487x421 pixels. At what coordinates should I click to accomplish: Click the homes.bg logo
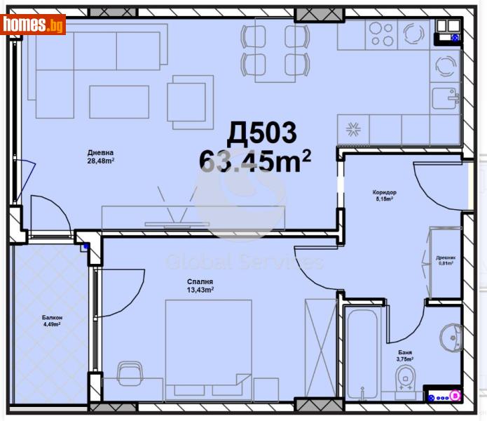tap(34, 25)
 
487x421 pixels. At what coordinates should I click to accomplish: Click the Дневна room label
tap(100, 153)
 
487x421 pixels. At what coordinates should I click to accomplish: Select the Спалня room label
tap(200, 281)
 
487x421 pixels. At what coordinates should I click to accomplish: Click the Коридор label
tap(385, 192)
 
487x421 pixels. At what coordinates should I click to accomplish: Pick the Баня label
tap(405, 352)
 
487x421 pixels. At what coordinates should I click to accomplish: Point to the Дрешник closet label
tap(445, 257)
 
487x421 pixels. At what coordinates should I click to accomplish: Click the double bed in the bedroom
tap(208, 341)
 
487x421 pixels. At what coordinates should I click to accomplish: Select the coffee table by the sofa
tap(119, 101)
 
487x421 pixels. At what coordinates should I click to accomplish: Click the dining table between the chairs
tap(275, 51)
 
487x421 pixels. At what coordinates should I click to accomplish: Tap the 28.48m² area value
tap(100, 161)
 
